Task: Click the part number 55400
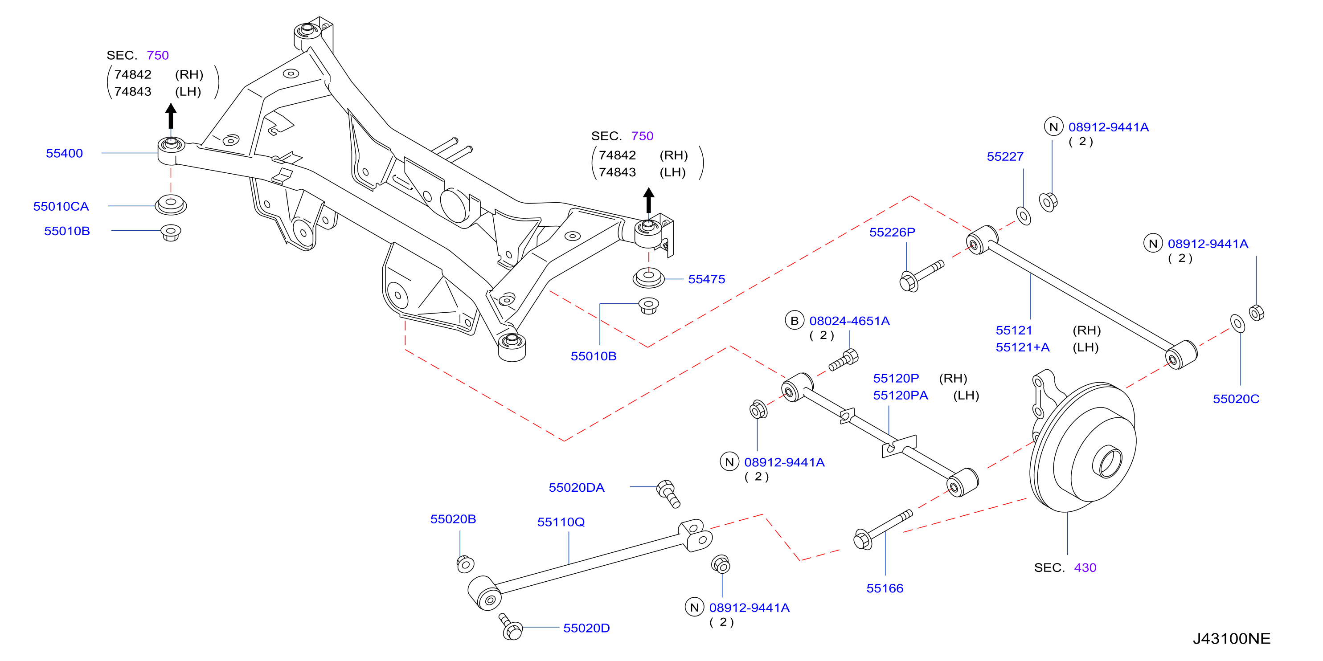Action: (64, 153)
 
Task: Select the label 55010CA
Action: (61, 206)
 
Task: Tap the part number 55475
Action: (707, 279)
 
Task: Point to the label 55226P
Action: (892, 232)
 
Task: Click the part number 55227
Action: (1005, 156)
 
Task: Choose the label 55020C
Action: (1236, 399)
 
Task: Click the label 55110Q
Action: (561, 522)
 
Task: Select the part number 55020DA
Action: (577, 488)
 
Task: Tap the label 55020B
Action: (453, 519)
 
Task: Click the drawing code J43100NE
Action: (1232, 638)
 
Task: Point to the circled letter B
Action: (795, 321)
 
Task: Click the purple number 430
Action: (1085, 567)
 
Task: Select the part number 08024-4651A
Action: (849, 321)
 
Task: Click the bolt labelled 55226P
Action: (922, 276)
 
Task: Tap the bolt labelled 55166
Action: (882, 529)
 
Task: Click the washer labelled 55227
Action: (1024, 216)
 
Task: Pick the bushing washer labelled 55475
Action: (649, 277)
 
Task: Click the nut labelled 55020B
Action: (465, 564)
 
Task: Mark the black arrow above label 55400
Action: (171, 116)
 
